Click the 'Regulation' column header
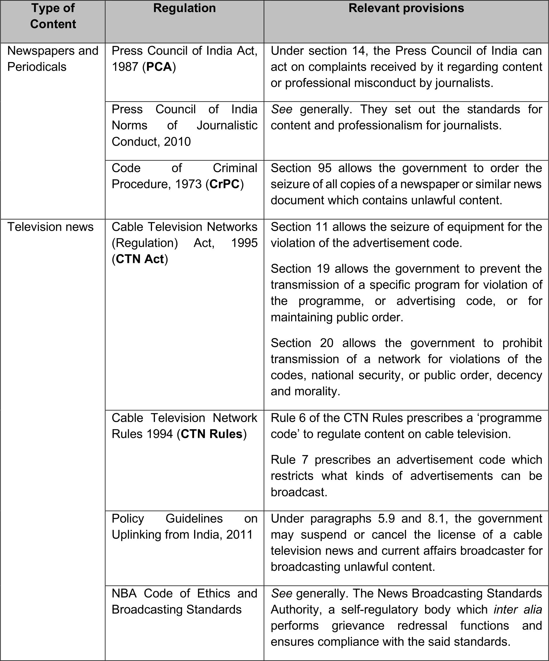[x=184, y=8]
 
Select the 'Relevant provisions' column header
[x=406, y=8]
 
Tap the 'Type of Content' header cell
[x=53, y=16]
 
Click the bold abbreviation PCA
[x=159, y=67]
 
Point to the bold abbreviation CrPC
[x=225, y=185]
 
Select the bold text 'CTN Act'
[x=140, y=259]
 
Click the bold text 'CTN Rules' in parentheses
[x=212, y=434]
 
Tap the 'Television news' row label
[x=50, y=227]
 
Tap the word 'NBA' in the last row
[x=124, y=593]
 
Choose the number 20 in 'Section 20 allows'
[x=327, y=343]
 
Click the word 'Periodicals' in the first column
[x=37, y=67]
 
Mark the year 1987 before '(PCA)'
[x=125, y=67]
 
